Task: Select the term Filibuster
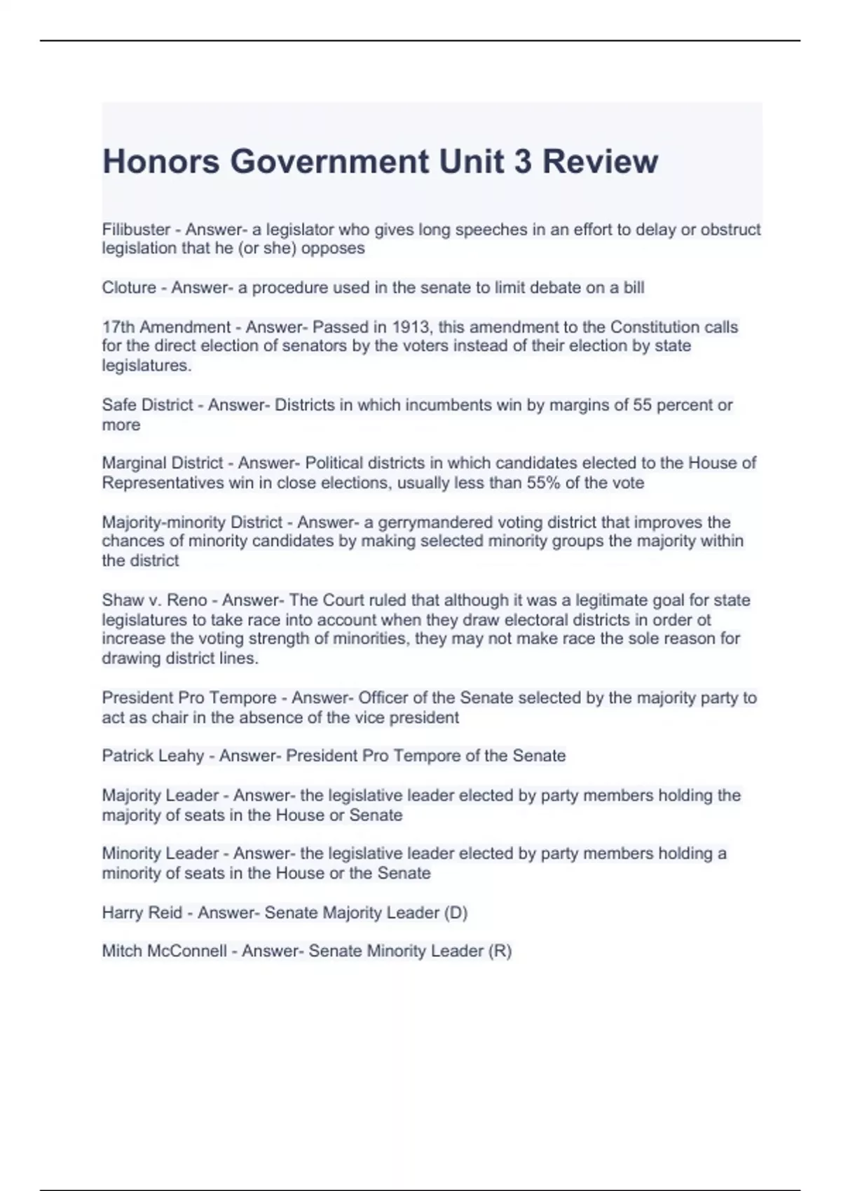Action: click(136, 230)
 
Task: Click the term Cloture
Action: click(129, 288)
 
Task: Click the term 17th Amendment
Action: click(166, 327)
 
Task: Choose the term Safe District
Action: click(147, 405)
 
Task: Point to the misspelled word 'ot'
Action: click(703, 620)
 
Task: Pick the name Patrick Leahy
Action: click(153, 756)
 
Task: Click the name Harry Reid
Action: click(142, 913)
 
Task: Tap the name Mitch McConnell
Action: click(164, 951)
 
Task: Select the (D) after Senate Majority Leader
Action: click(456, 913)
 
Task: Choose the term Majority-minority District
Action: click(192, 523)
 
